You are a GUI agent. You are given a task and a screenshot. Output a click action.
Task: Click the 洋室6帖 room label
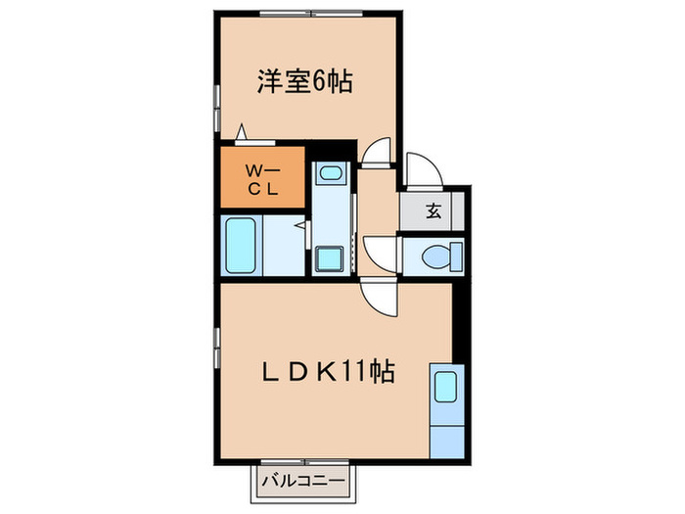pyautogui.click(x=304, y=82)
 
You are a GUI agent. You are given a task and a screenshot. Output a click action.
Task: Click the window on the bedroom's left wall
pyautogui.click(x=215, y=99)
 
